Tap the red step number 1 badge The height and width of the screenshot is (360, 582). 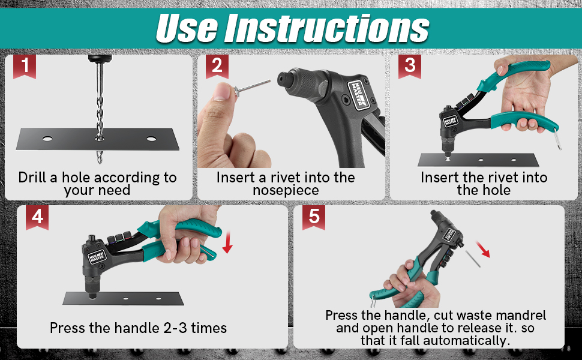point(25,65)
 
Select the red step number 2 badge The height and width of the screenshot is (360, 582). point(217,65)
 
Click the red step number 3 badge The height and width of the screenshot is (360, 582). point(410,65)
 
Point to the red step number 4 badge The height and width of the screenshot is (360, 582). point(37,217)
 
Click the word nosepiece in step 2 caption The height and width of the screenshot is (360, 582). point(286,191)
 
